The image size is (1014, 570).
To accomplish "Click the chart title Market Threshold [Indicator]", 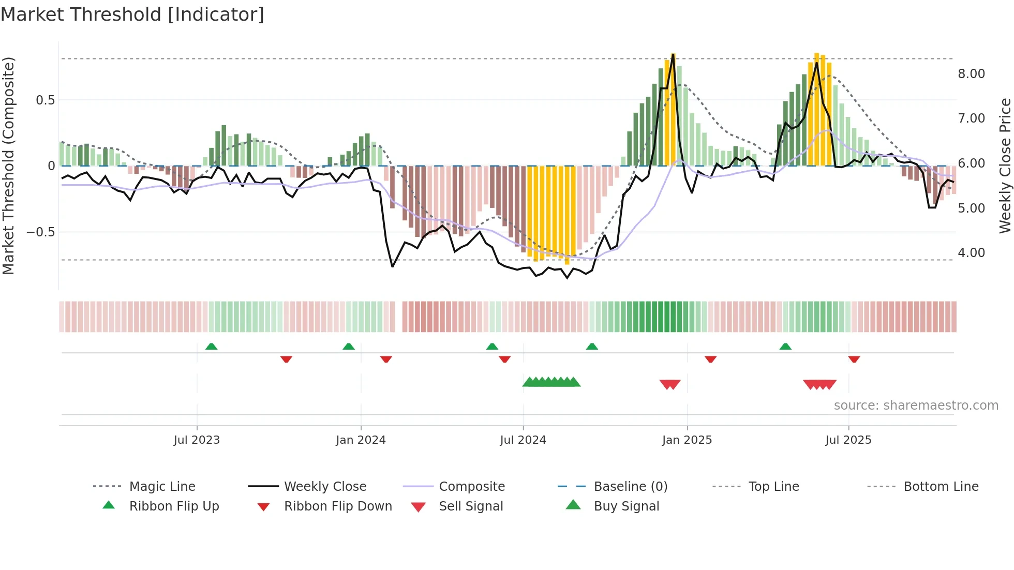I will coord(132,14).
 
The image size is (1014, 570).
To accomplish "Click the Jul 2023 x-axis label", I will coord(197,440).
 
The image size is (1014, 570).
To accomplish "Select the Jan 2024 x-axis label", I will coord(361,440).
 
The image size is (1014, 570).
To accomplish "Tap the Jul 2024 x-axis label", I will coord(523,440).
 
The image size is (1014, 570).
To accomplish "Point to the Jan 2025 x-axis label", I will coord(687,440).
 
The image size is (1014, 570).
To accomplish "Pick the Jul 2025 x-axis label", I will coord(848,440).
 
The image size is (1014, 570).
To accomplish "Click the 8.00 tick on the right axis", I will coord(971,74).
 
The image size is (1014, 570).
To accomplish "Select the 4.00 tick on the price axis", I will coord(971,253).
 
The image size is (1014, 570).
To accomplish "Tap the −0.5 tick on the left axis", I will coord(41,232).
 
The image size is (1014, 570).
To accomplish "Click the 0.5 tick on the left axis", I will coord(45,100).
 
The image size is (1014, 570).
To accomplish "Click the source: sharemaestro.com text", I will coord(916,406).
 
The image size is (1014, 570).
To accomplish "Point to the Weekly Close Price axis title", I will coord(1005,166).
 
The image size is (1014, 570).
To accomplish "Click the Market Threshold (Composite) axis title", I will coord(8,166).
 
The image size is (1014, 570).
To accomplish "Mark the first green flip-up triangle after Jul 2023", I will coord(211,347).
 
